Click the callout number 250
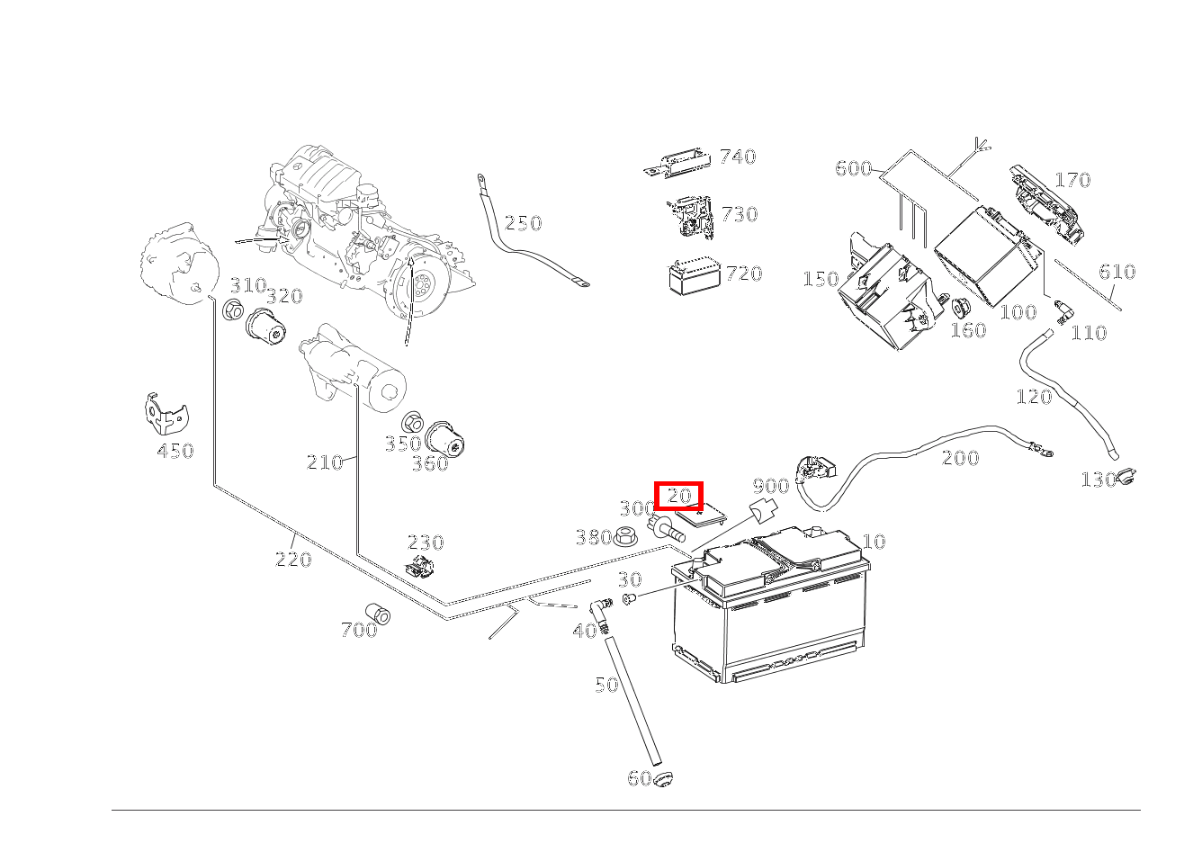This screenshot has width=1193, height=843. pos(523,223)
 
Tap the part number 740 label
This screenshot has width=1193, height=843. pos(737,157)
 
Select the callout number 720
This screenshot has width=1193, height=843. pos(743,274)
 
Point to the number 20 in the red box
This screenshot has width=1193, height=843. pos(678,496)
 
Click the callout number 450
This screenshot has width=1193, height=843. pos(175,452)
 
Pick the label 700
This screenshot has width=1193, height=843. pos(358,631)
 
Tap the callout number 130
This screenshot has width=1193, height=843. pos(1098,480)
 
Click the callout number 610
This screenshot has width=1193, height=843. pos(1117,272)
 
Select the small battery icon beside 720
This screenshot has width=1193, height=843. pos(694,276)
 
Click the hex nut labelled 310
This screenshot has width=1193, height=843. pos(233,311)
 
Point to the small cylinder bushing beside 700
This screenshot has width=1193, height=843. pos(379,614)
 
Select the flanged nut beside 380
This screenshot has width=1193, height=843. pos(624,537)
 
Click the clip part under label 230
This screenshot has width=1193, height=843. pos(420,567)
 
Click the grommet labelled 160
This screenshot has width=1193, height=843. pos(959,308)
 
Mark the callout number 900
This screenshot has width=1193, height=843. pos(770,487)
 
